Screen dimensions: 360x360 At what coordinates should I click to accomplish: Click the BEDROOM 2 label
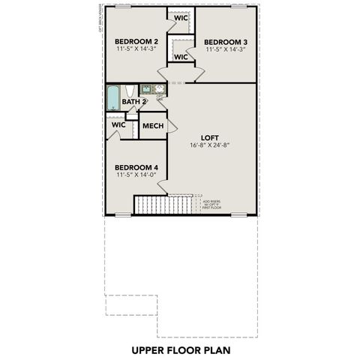(136, 41)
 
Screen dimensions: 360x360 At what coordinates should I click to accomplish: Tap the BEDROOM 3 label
(226, 41)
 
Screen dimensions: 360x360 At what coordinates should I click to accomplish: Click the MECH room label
(153, 126)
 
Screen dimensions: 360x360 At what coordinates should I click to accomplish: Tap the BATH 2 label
(133, 101)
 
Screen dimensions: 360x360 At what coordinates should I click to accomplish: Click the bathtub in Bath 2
(113, 98)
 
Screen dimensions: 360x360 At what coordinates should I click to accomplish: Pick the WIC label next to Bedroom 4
(118, 124)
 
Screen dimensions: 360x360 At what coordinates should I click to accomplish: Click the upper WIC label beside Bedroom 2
(180, 18)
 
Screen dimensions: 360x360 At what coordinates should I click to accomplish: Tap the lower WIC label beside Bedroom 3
(181, 56)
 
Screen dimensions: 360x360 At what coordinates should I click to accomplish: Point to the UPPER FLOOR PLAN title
(180, 349)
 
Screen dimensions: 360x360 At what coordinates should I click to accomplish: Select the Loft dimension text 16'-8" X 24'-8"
(209, 145)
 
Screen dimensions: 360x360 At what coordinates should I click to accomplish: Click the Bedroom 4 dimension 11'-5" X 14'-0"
(136, 175)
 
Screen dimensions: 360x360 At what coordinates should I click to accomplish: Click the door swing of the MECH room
(171, 127)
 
